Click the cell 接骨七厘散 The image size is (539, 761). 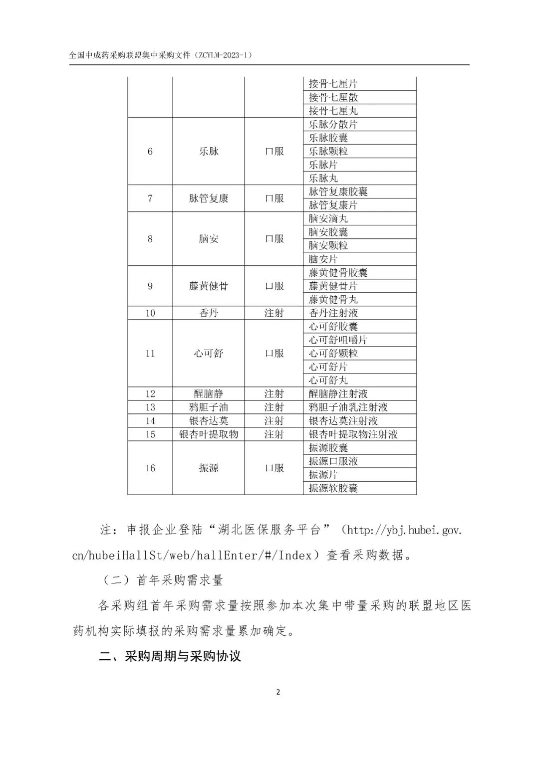[333, 97]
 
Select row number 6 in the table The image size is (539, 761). [150, 151]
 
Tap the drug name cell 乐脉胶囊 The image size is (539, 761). [328, 138]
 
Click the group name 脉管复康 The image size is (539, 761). [209, 198]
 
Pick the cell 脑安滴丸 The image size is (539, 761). [328, 218]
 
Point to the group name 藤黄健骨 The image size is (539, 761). [209, 286]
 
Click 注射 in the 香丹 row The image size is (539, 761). [274, 313]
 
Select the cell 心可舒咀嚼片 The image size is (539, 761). [338, 340]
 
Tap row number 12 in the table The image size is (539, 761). [150, 394]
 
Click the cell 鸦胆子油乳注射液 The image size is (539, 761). [348, 407]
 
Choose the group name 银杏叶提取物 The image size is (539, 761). [209, 434]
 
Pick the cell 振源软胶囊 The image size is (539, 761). [333, 488]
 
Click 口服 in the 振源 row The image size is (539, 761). [274, 468]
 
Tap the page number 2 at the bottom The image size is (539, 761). [278, 692]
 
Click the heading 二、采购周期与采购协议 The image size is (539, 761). [170, 656]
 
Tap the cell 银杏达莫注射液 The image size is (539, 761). [343, 421]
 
